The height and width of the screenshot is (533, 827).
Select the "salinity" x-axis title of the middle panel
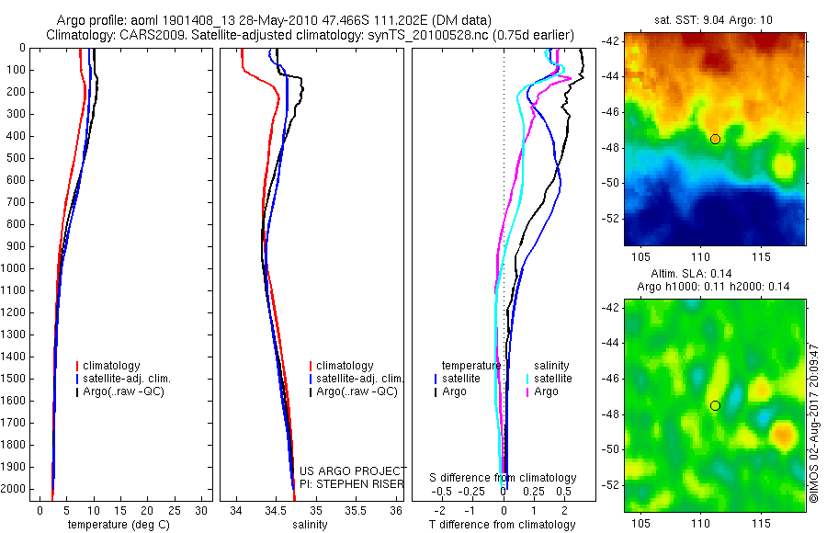310,525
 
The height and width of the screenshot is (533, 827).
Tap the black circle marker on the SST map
715,139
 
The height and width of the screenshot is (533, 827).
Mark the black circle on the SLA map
715,405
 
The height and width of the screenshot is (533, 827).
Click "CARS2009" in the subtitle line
148,35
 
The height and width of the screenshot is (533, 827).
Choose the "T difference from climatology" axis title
502,525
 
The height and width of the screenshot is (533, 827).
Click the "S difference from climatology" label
503,478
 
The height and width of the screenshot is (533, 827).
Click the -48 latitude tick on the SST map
611,148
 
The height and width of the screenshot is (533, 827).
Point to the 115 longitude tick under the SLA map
761,523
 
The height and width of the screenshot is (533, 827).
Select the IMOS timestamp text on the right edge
814,423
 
